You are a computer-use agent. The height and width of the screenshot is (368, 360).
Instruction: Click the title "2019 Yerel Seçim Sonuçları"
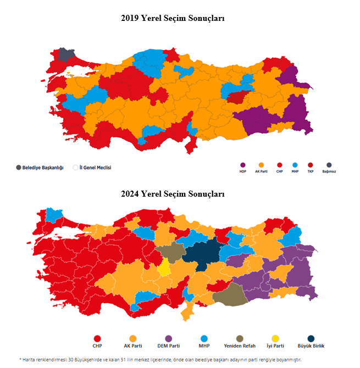(173, 19)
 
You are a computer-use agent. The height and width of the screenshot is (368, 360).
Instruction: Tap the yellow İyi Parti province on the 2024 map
(164, 268)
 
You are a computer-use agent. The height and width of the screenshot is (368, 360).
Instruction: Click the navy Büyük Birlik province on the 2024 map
(203, 257)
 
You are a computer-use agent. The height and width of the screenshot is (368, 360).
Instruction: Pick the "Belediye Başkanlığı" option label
(43, 168)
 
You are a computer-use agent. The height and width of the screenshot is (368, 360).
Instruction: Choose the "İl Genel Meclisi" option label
(95, 168)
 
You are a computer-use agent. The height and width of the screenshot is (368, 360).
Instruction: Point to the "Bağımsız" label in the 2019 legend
(329, 171)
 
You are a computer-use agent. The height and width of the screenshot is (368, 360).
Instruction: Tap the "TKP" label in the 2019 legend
(311, 171)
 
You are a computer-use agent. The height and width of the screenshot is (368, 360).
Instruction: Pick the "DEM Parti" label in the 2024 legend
(168, 346)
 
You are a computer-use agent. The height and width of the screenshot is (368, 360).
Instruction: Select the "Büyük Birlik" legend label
(311, 346)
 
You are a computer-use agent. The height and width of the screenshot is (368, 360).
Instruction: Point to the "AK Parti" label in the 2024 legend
(132, 346)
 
